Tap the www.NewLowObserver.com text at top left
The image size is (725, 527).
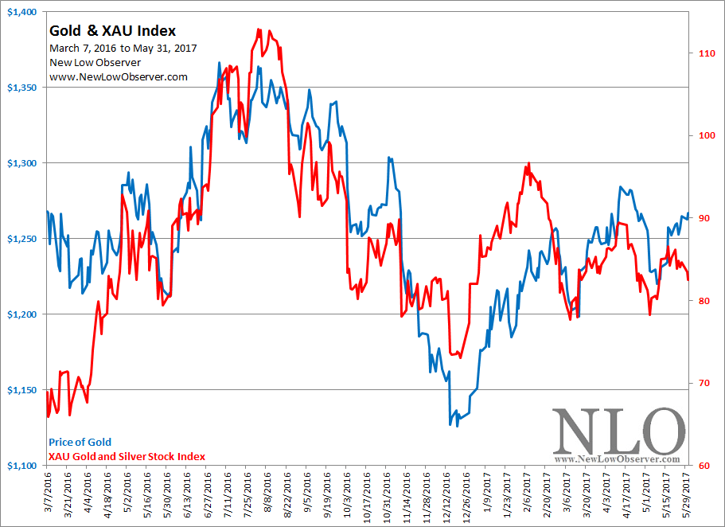click(x=118, y=76)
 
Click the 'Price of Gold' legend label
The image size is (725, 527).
click(x=80, y=442)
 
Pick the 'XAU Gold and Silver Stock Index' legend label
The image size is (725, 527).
click(x=127, y=456)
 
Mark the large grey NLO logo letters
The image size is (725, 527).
click(x=618, y=431)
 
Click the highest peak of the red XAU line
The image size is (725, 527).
click(x=260, y=29)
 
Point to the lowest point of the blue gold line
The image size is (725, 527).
click(x=450, y=425)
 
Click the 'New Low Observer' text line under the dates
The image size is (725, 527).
click(x=95, y=62)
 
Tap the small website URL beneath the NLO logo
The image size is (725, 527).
click(x=618, y=459)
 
